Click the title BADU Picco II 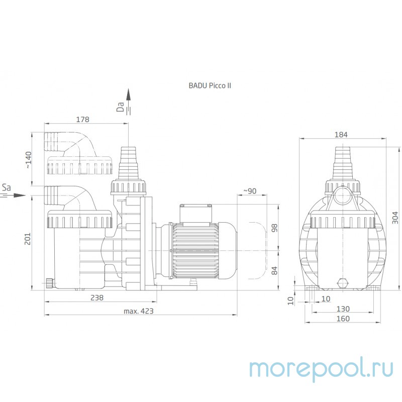[x=210, y=85]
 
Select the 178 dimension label [x=83, y=120]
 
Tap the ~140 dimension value [x=28, y=160]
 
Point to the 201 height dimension [x=28, y=238]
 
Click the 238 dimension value [x=97, y=297]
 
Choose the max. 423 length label [x=139, y=311]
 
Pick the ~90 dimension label [x=249, y=191]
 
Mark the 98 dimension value [x=274, y=228]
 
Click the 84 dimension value [x=274, y=270]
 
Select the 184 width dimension [x=341, y=135]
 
